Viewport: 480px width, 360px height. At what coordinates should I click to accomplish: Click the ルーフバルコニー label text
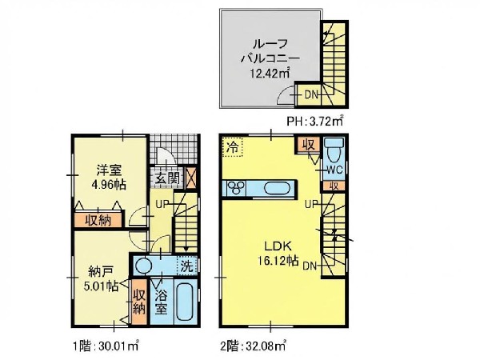coord(270,51)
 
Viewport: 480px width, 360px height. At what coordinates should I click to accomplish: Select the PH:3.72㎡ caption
coord(315,122)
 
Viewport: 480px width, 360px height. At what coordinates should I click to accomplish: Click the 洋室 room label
coord(109,170)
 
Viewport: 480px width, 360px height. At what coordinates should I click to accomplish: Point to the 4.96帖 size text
coord(109,184)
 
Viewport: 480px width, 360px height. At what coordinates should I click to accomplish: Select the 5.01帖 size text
coord(102,286)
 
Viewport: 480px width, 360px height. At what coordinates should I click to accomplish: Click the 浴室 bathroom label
coord(162,302)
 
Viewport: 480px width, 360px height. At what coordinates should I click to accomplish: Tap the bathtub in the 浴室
coord(186,302)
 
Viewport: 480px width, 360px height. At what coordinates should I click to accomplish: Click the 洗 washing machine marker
coord(186,266)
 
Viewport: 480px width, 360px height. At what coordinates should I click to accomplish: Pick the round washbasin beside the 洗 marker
coord(143,266)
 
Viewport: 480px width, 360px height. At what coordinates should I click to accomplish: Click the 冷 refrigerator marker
coord(232,147)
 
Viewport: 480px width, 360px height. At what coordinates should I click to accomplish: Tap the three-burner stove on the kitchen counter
coord(238,187)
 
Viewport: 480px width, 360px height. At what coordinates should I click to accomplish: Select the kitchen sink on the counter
coord(277,188)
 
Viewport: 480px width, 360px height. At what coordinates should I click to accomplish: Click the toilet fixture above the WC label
coord(334,150)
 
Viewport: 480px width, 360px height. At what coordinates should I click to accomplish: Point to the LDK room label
coord(278,246)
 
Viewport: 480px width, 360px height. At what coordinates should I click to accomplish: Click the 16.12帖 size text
coord(278,261)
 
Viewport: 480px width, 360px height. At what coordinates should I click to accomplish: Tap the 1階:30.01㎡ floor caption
coord(106,346)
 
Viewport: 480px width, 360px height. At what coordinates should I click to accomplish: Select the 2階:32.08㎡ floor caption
coord(254,346)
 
